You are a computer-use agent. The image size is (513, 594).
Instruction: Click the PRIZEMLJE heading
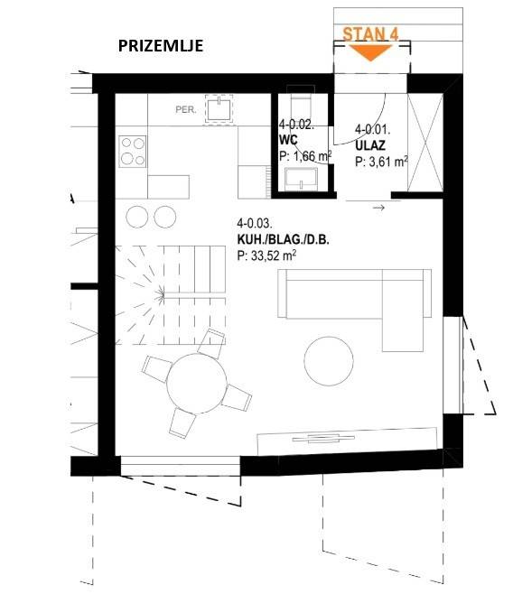point(161,46)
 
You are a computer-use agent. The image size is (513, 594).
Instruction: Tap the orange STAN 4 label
point(370,34)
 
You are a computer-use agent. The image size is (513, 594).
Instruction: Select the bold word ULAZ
point(370,145)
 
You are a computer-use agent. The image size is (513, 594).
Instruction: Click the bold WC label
point(288,140)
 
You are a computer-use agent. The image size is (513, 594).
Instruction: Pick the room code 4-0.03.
point(255,223)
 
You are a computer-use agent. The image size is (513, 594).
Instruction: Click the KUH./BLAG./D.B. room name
point(283,239)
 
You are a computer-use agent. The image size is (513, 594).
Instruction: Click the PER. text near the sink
point(186,110)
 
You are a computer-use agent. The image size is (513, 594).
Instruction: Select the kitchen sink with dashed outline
point(219,108)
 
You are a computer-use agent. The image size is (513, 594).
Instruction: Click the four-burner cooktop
point(132,152)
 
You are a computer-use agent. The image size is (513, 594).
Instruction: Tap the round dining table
point(197,384)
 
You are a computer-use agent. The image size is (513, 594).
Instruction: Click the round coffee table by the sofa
point(329,361)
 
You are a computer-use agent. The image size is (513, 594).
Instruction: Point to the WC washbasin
point(302,179)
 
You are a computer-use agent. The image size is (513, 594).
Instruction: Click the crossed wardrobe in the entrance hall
point(424,143)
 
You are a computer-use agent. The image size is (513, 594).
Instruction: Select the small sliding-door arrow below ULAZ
point(378,208)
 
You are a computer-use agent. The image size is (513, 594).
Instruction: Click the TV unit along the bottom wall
point(347,441)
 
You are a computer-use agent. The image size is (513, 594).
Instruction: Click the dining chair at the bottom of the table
point(182,423)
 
